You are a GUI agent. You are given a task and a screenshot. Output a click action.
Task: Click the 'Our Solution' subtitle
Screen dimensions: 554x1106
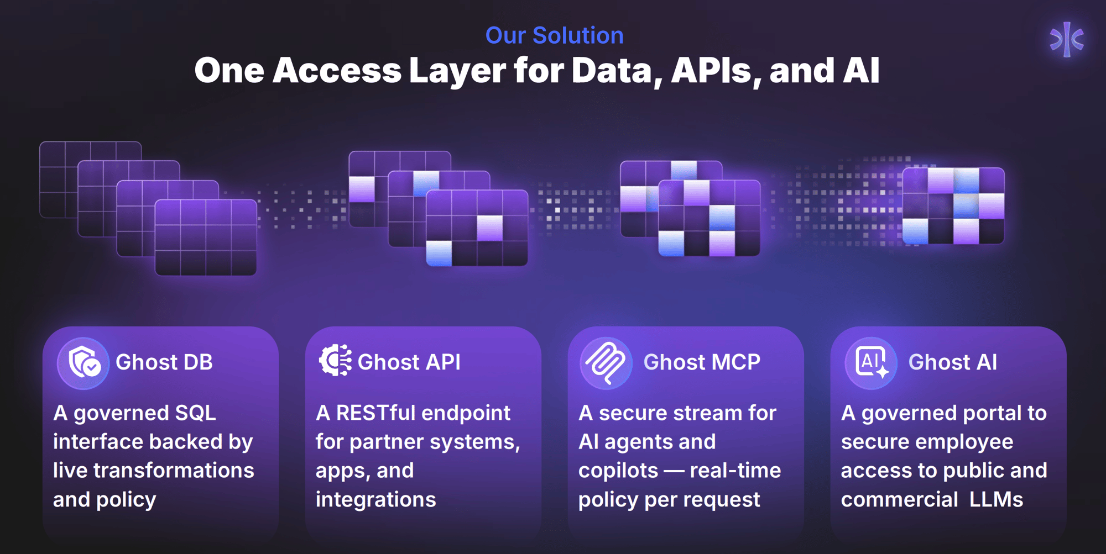point(554,36)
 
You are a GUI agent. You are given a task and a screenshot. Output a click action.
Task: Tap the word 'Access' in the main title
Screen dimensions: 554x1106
point(337,71)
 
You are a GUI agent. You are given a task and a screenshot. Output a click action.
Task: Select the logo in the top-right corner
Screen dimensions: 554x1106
point(1067,39)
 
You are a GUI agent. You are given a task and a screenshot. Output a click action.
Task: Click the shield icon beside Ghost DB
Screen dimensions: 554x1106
point(84,363)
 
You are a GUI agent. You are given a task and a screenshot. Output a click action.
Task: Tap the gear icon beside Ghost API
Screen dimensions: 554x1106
point(335,361)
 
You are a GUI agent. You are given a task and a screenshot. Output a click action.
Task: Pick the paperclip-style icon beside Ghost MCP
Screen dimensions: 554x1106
point(606,363)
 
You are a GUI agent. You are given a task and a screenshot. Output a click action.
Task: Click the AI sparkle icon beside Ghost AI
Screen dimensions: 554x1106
point(871,363)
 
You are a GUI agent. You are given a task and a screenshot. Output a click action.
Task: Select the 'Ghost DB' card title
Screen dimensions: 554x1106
point(164,362)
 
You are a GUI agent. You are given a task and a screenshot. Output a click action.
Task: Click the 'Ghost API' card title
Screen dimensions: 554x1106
point(409,362)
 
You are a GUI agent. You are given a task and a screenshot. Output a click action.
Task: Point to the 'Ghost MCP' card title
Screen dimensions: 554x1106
point(702,362)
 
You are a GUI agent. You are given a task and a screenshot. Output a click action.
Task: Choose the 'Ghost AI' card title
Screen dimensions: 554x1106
point(953,362)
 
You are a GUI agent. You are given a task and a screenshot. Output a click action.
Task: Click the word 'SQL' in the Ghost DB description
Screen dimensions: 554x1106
point(195,413)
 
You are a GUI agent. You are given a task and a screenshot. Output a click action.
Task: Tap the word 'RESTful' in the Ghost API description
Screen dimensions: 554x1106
point(375,413)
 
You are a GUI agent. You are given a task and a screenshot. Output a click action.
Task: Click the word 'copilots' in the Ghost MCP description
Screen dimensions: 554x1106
point(618,471)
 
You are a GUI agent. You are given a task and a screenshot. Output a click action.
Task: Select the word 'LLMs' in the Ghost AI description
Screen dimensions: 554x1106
point(996,500)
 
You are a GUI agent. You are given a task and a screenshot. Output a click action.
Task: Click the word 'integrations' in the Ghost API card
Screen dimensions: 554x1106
point(375,500)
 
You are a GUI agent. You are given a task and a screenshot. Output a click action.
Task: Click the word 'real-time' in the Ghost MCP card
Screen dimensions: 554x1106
point(735,471)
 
